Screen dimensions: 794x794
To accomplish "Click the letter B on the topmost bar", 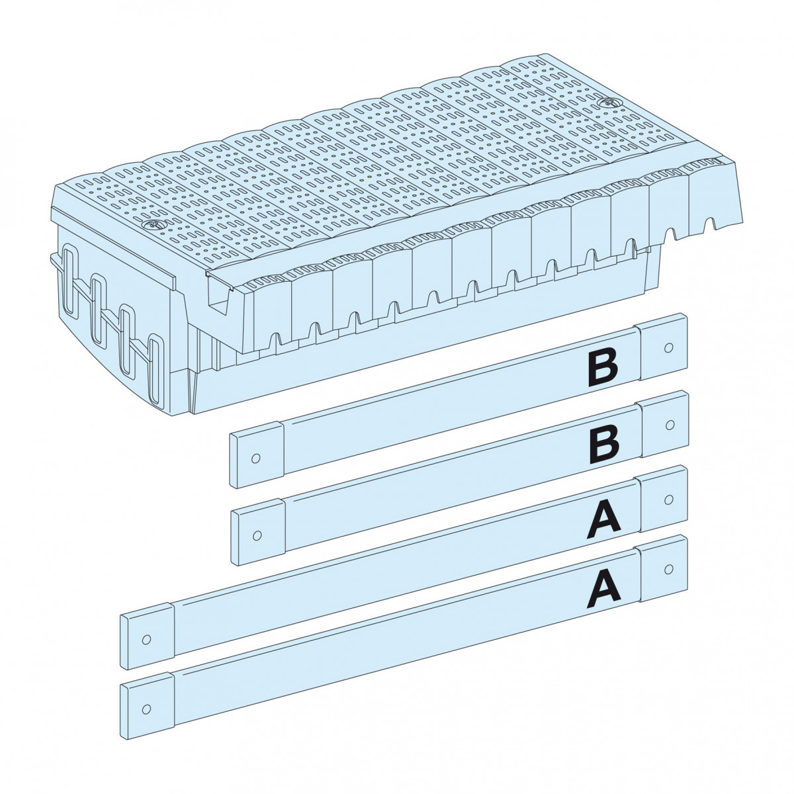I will click(x=602, y=369).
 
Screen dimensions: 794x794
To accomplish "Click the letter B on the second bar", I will click(x=604, y=442).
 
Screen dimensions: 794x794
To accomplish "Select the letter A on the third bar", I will click(x=604, y=517).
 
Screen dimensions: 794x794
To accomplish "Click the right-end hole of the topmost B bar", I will click(x=668, y=347).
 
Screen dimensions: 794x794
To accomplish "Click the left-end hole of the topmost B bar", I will click(x=255, y=458).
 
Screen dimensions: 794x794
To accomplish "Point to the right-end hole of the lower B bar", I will click(x=668, y=423).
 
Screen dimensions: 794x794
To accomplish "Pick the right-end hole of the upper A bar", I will click(x=668, y=497).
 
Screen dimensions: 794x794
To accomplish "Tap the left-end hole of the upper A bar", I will click(x=147, y=640).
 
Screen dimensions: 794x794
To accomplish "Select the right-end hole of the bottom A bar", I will click(x=668, y=568).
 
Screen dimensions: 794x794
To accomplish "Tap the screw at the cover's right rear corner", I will click(x=607, y=104).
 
